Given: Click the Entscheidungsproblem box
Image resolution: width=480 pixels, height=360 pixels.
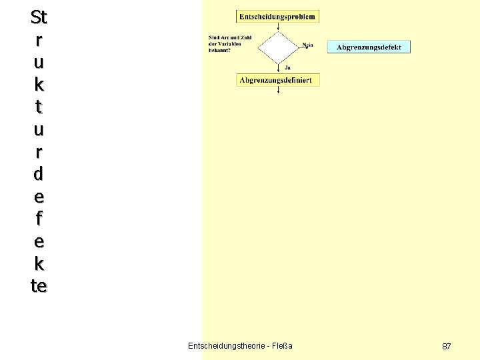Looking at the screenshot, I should pyautogui.click(x=277, y=16).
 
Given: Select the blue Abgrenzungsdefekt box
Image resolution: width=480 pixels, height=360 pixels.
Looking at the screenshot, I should pyautogui.click(x=369, y=47).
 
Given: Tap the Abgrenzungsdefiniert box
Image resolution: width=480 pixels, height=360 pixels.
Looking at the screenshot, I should pyautogui.click(x=278, y=80).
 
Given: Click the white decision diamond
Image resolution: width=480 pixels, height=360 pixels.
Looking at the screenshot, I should pyautogui.click(x=277, y=47).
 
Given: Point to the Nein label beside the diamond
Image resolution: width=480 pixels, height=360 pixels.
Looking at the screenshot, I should pyautogui.click(x=307, y=45).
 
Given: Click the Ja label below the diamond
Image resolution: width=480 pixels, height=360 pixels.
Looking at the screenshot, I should pyautogui.click(x=287, y=67).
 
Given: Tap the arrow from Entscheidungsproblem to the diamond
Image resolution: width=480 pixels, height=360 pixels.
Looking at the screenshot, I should pyautogui.click(x=278, y=26).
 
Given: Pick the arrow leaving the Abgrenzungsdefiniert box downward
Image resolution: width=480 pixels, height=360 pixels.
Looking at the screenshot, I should pyautogui.click(x=278, y=90).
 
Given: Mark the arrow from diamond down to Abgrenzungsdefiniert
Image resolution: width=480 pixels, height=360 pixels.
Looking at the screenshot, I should pyautogui.click(x=278, y=67).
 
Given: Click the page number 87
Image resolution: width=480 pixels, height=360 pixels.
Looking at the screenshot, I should pyautogui.click(x=447, y=346).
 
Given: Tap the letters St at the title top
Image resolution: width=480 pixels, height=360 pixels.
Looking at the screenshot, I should pyautogui.click(x=39, y=16).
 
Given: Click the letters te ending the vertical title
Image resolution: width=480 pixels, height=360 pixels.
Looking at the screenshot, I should pyautogui.click(x=39, y=286).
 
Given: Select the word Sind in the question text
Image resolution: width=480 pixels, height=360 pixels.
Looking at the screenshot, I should pyautogui.click(x=214, y=37).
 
